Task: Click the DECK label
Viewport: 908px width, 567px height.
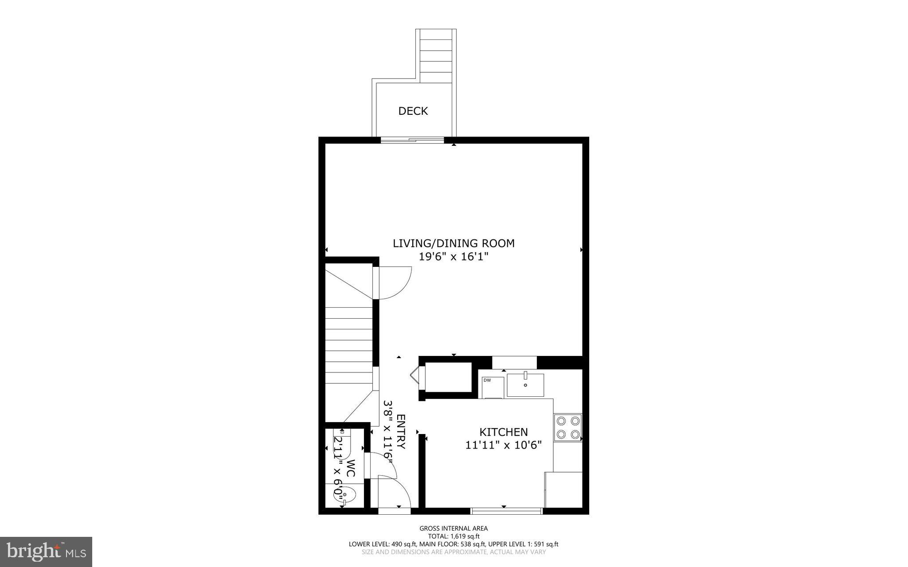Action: pyautogui.click(x=413, y=111)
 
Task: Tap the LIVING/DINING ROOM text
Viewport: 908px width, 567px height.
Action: pyautogui.click(x=454, y=243)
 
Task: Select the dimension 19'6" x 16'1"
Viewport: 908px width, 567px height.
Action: pyautogui.click(x=454, y=257)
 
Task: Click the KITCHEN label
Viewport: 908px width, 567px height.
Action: pyautogui.click(x=503, y=432)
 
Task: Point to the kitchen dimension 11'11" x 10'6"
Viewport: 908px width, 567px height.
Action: pyautogui.click(x=504, y=445)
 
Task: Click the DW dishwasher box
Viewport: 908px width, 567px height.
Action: pyautogui.click(x=493, y=387)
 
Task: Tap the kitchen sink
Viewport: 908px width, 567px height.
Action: pyautogui.click(x=525, y=385)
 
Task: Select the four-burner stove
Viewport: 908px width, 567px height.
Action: pyautogui.click(x=568, y=427)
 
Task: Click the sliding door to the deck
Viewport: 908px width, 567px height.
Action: pyautogui.click(x=412, y=141)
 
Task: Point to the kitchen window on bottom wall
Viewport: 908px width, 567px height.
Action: pyautogui.click(x=506, y=511)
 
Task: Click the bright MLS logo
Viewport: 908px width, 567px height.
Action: pyautogui.click(x=46, y=551)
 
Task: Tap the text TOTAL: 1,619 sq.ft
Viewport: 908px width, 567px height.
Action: pyautogui.click(x=454, y=536)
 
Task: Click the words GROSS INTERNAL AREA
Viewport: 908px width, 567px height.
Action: pyautogui.click(x=454, y=528)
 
